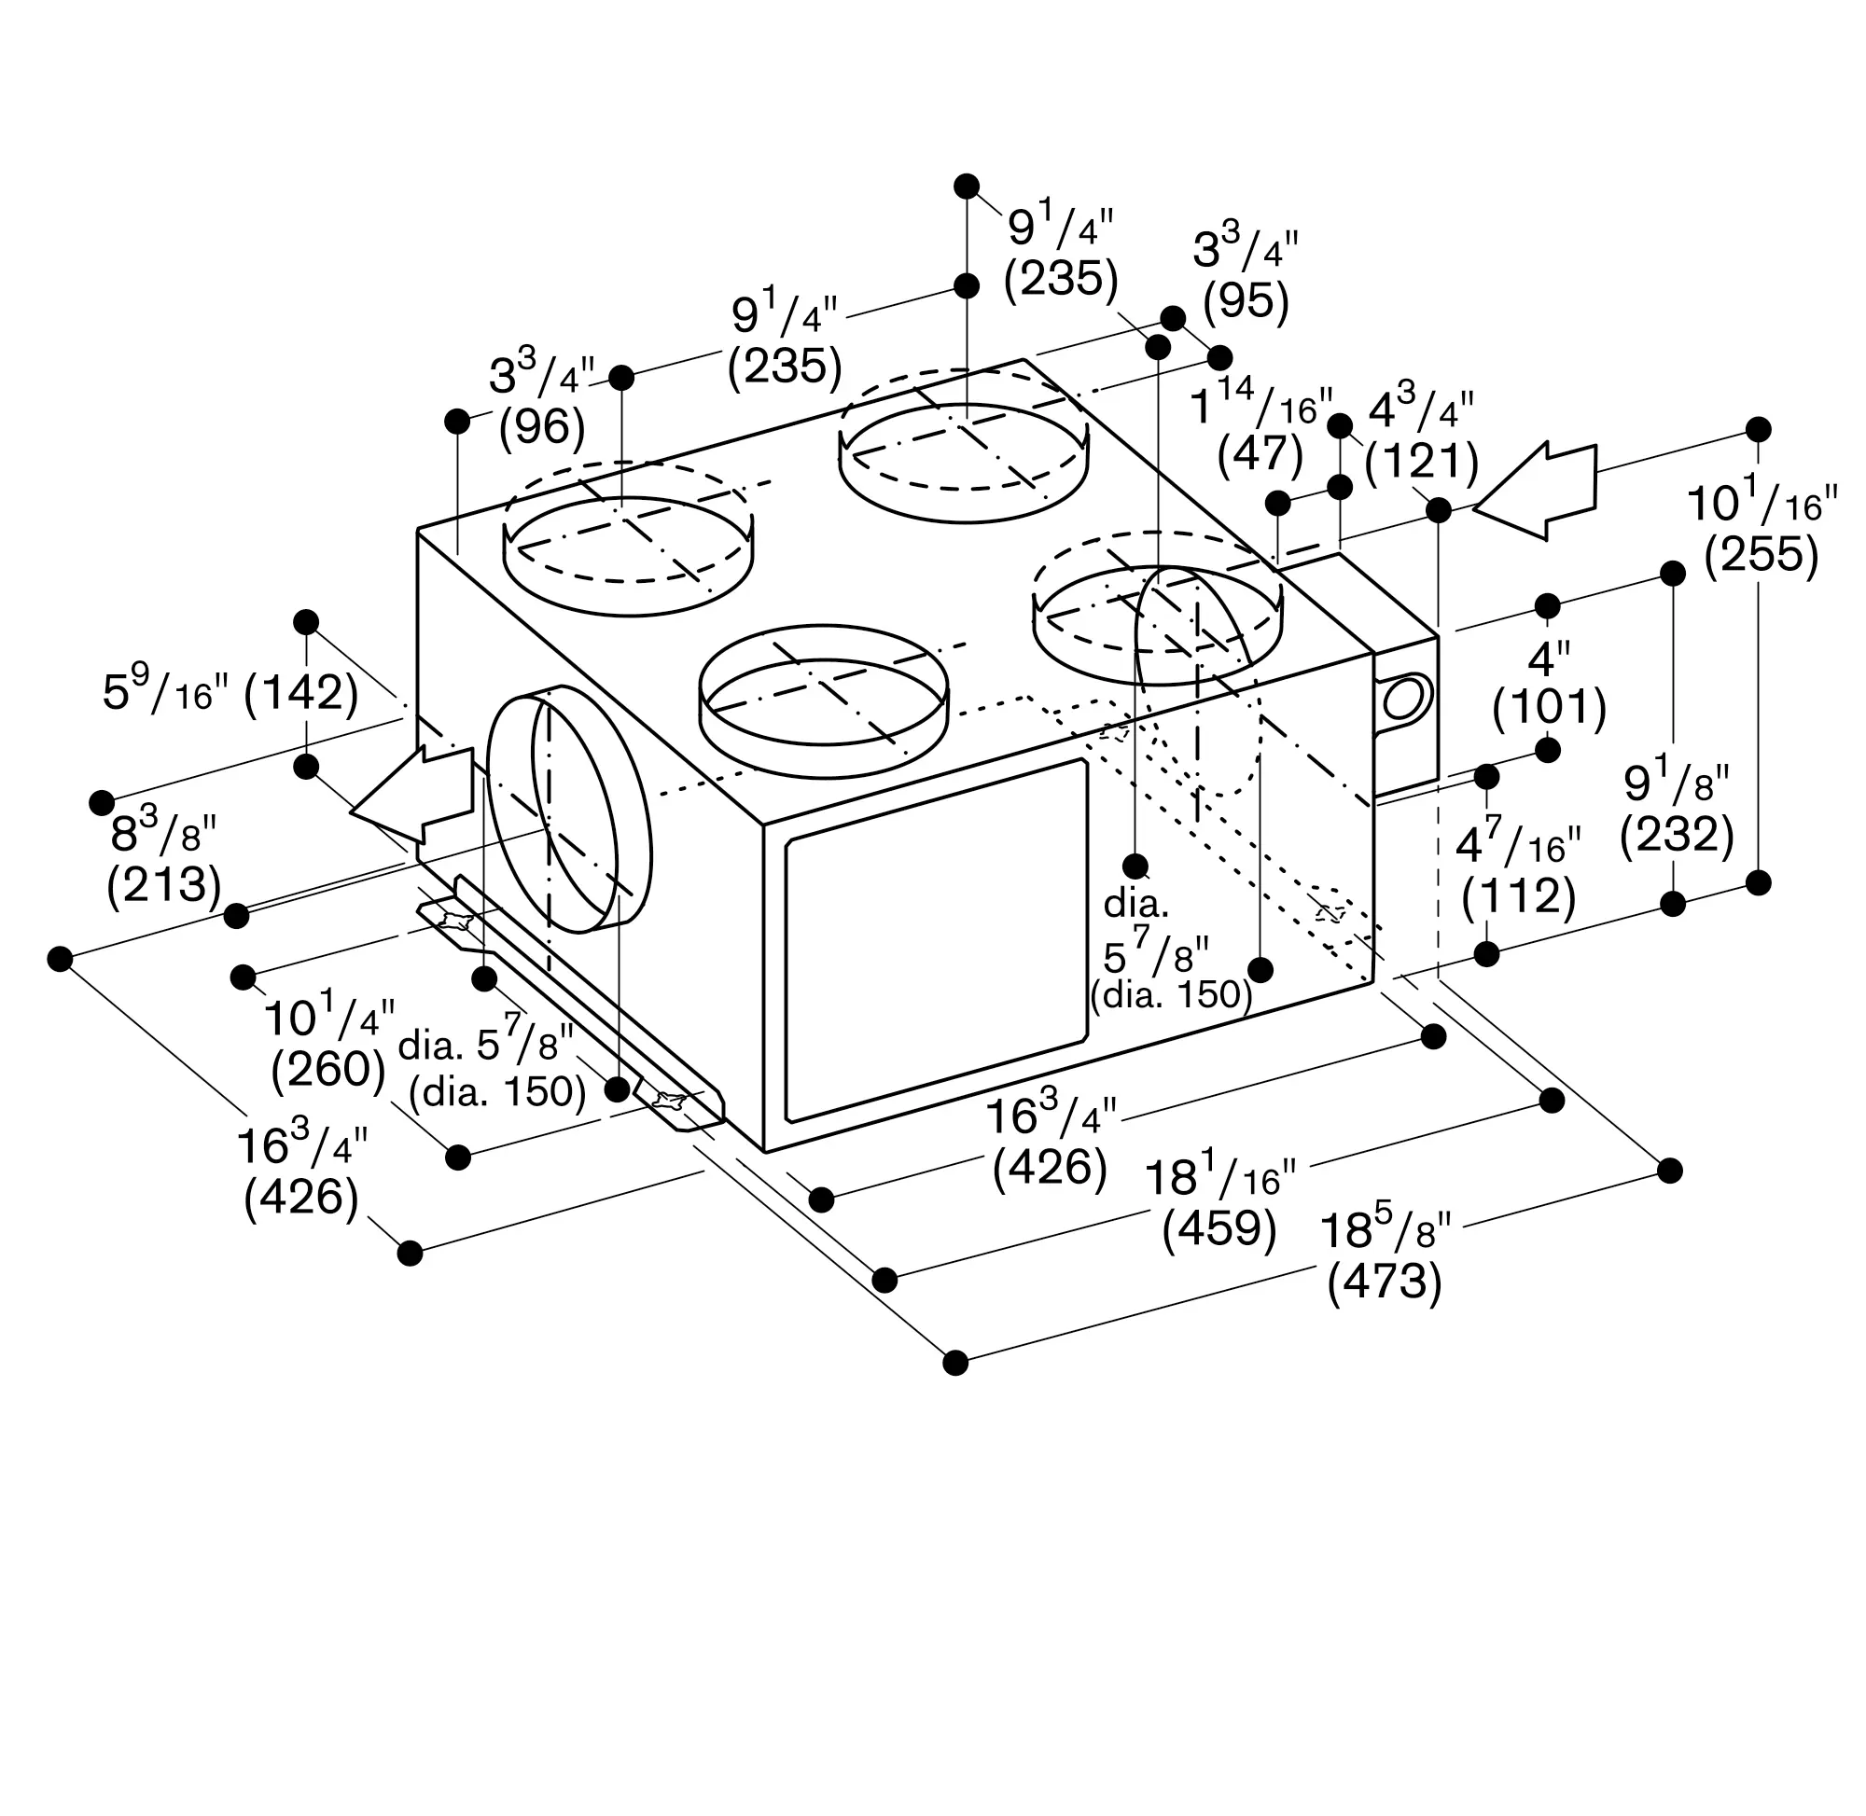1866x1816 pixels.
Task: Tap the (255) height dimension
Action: point(1762,554)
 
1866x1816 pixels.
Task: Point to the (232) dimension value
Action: point(1677,835)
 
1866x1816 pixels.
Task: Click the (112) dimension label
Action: point(1518,896)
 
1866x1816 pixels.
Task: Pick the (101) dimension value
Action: point(1550,708)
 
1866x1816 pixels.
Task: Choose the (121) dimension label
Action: point(1422,463)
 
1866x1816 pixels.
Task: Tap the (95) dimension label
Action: point(1246,301)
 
